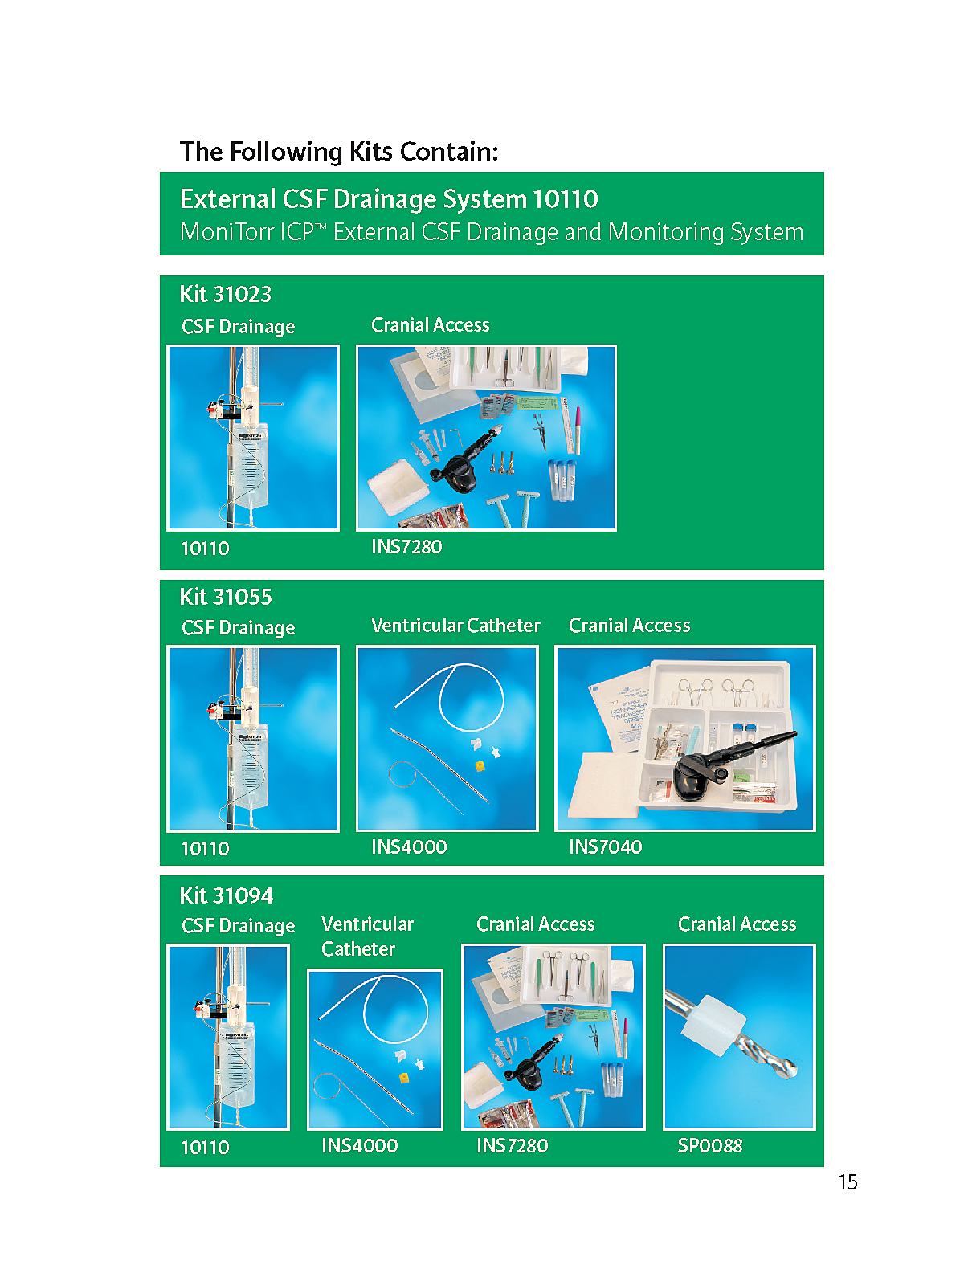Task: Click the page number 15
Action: (x=848, y=1182)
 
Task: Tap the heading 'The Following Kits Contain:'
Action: (x=339, y=152)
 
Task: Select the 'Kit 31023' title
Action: (x=226, y=294)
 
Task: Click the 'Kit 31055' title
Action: (x=226, y=598)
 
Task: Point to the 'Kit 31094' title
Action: (x=227, y=895)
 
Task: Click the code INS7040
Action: (x=605, y=846)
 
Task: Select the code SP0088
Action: (x=710, y=1145)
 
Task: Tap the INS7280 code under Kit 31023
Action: (x=406, y=546)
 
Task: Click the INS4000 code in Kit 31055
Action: (x=409, y=846)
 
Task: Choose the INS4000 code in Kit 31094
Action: (x=359, y=1145)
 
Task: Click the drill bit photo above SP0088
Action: (x=738, y=1037)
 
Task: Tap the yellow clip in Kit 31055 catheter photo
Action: (x=480, y=765)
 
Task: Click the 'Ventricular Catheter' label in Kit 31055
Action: (x=455, y=625)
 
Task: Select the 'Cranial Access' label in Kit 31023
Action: (x=431, y=325)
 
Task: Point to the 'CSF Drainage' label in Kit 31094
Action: (x=239, y=925)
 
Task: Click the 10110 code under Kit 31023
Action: (x=206, y=548)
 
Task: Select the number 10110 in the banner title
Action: (x=566, y=199)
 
